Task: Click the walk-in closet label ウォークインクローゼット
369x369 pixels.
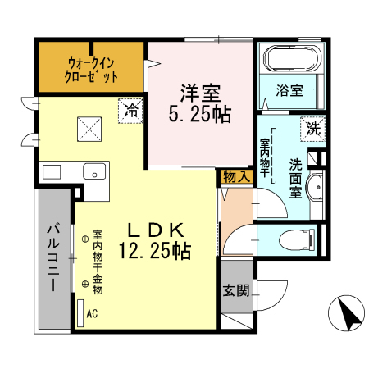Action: (91, 69)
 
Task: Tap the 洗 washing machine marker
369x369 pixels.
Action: (312, 128)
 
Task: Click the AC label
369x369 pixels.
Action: (92, 312)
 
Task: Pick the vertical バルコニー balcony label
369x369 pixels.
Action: (52, 256)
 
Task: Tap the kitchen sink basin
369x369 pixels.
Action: (93, 173)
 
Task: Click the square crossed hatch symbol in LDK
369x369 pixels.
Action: (89, 127)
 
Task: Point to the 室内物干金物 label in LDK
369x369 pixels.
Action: (97, 262)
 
